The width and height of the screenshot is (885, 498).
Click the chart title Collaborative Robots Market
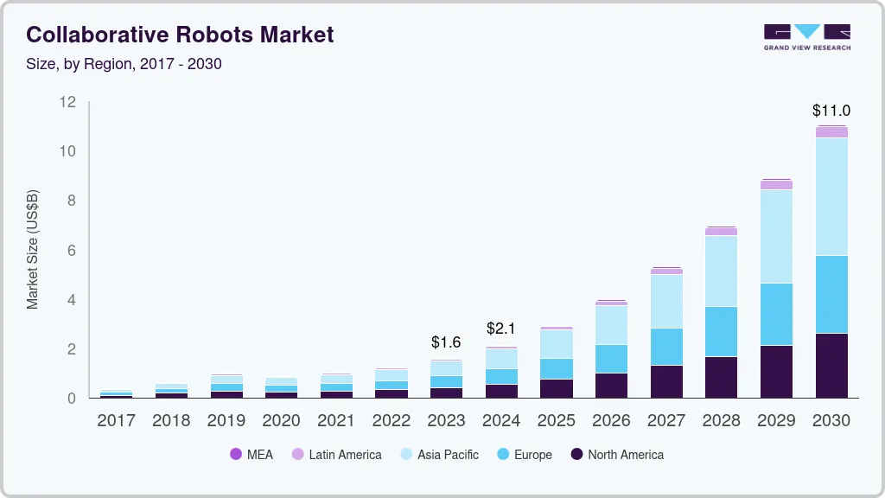point(180,35)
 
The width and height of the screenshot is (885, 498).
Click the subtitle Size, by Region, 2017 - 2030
point(124,64)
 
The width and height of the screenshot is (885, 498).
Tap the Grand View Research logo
point(806,36)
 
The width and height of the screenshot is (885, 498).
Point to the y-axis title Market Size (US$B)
point(33,249)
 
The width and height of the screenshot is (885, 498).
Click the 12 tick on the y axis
point(67,102)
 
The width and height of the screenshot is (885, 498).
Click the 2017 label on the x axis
point(117,421)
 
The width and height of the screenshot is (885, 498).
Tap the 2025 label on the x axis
point(556,421)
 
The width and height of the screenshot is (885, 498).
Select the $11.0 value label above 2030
point(831,111)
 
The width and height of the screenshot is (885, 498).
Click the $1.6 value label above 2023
point(446,342)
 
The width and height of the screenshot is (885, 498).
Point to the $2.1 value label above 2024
point(501,329)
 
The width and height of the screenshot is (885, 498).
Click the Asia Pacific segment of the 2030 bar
point(831,196)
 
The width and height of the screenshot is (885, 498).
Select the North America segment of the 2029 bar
point(776,372)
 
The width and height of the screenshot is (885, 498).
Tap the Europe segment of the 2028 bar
point(721,331)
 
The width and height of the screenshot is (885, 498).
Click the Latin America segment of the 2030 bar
point(831,132)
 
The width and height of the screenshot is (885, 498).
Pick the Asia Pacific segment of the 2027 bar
point(666,301)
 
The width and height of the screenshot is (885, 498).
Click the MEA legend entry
point(251,455)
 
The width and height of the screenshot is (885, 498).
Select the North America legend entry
point(617,455)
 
